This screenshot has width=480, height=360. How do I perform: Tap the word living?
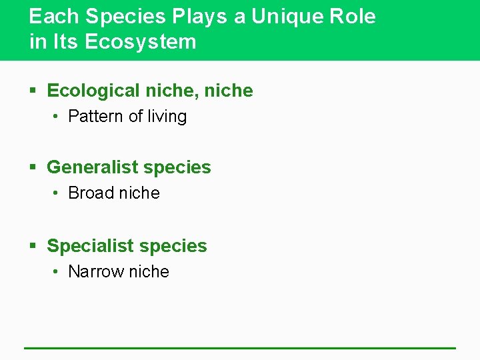click(167, 117)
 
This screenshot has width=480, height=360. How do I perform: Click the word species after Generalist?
click(179, 168)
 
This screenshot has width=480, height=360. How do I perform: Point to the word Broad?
click(91, 193)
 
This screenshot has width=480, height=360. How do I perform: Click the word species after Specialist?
click(175, 247)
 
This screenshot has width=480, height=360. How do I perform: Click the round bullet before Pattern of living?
click(57, 117)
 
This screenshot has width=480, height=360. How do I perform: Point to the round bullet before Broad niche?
click(57, 193)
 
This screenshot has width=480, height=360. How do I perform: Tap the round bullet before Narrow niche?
click(57, 272)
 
